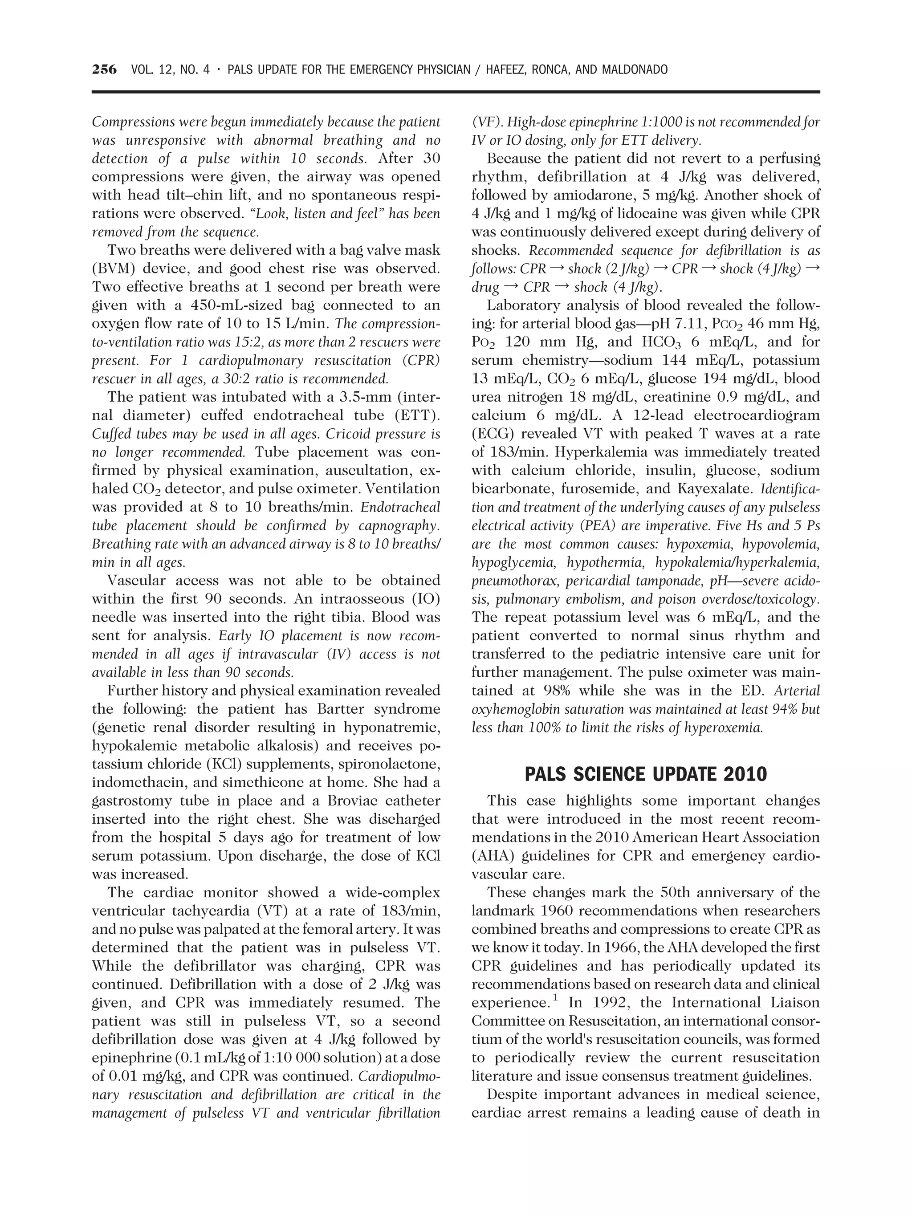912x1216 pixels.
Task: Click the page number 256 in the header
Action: pos(105,70)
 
